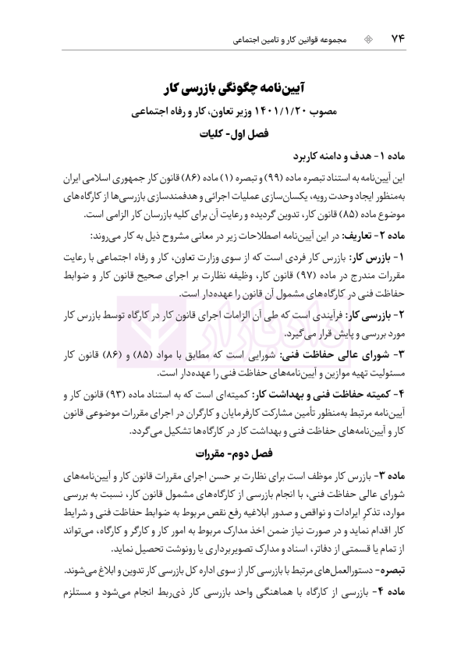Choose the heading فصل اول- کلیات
click(235, 135)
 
